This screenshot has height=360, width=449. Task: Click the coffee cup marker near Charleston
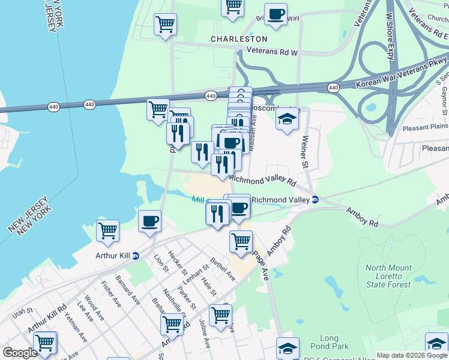[x=276, y=14]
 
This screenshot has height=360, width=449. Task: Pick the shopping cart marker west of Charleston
[x=165, y=25]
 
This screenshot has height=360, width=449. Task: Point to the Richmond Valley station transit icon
[x=315, y=200]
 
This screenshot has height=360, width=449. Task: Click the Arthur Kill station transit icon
[x=136, y=255]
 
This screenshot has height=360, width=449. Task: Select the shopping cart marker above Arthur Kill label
[x=107, y=230]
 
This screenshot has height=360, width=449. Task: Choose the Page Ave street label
[x=261, y=263]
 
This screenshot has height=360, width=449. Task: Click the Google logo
[x=20, y=353]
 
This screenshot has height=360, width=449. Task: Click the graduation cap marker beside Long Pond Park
[x=288, y=347]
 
